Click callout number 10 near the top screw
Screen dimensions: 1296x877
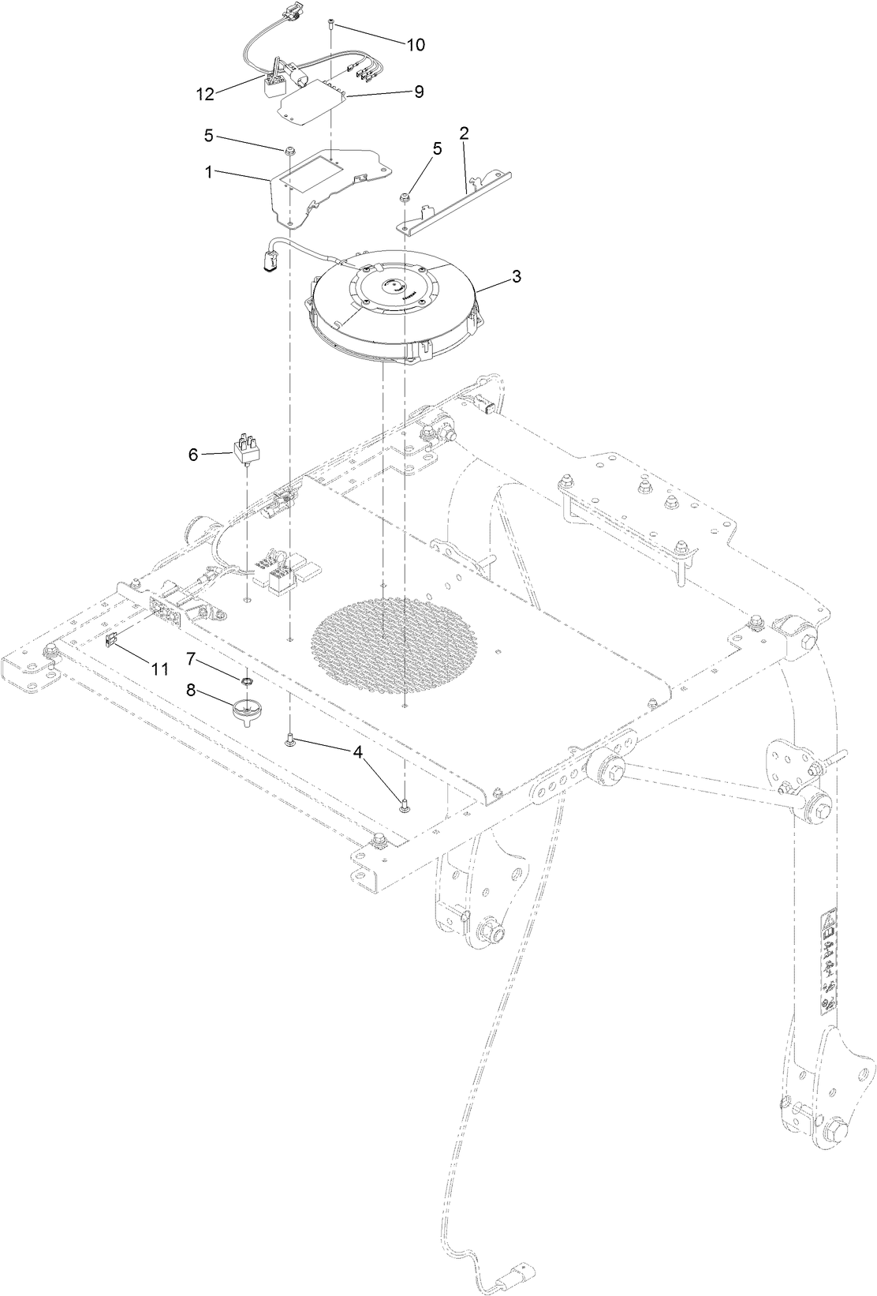pos(415,45)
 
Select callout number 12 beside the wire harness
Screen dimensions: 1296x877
pos(204,94)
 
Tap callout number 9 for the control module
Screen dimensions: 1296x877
pos(419,92)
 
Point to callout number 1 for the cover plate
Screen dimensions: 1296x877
pos(209,172)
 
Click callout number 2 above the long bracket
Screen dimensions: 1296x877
pos(465,133)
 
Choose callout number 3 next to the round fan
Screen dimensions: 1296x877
pos(516,277)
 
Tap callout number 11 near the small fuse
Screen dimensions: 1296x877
pos(159,669)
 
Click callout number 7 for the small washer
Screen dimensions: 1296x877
pos(192,657)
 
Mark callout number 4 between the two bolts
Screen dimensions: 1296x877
pos(359,754)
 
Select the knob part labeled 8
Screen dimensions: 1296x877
pos(246,709)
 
